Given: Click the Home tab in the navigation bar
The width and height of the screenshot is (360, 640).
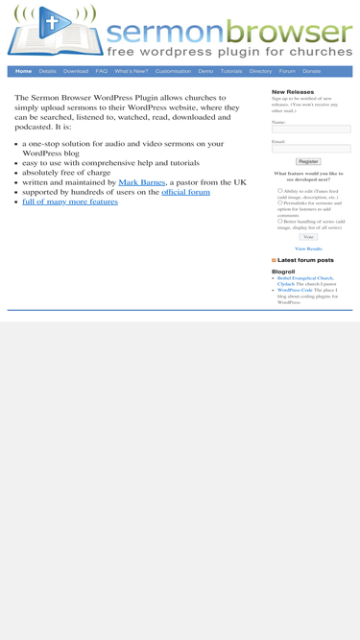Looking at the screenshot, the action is point(23,71).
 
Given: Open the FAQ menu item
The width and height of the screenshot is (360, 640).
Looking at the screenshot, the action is point(101,71).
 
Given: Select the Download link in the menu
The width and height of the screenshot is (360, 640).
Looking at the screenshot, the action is point(76,71).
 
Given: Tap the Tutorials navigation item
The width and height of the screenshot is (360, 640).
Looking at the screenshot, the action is point(231,71).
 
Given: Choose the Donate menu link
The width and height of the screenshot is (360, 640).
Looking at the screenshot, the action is point(312,71).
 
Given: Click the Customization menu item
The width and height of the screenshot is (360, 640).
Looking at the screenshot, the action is point(173,71).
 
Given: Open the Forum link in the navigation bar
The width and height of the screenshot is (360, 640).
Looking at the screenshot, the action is point(287,71).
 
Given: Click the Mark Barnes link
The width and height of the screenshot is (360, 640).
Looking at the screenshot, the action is point(142,182).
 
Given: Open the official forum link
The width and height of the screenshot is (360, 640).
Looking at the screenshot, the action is point(185,192).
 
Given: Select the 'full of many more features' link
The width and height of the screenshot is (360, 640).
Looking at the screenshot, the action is point(70,202).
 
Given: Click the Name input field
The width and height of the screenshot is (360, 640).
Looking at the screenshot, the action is point(311,130).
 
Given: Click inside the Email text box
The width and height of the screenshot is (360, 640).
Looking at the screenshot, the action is point(311,149).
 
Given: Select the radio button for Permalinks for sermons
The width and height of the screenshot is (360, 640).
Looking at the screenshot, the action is point(280,202).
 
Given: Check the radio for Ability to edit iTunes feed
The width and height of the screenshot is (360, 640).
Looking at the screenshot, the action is point(280,190).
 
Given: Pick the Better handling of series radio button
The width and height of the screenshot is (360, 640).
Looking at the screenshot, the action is point(280,221).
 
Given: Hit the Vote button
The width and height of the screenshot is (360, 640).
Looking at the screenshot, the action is point(308,237).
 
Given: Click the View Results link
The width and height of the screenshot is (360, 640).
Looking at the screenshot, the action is point(308,249).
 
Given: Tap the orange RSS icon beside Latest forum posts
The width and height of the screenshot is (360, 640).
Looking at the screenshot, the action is point(274,260).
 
